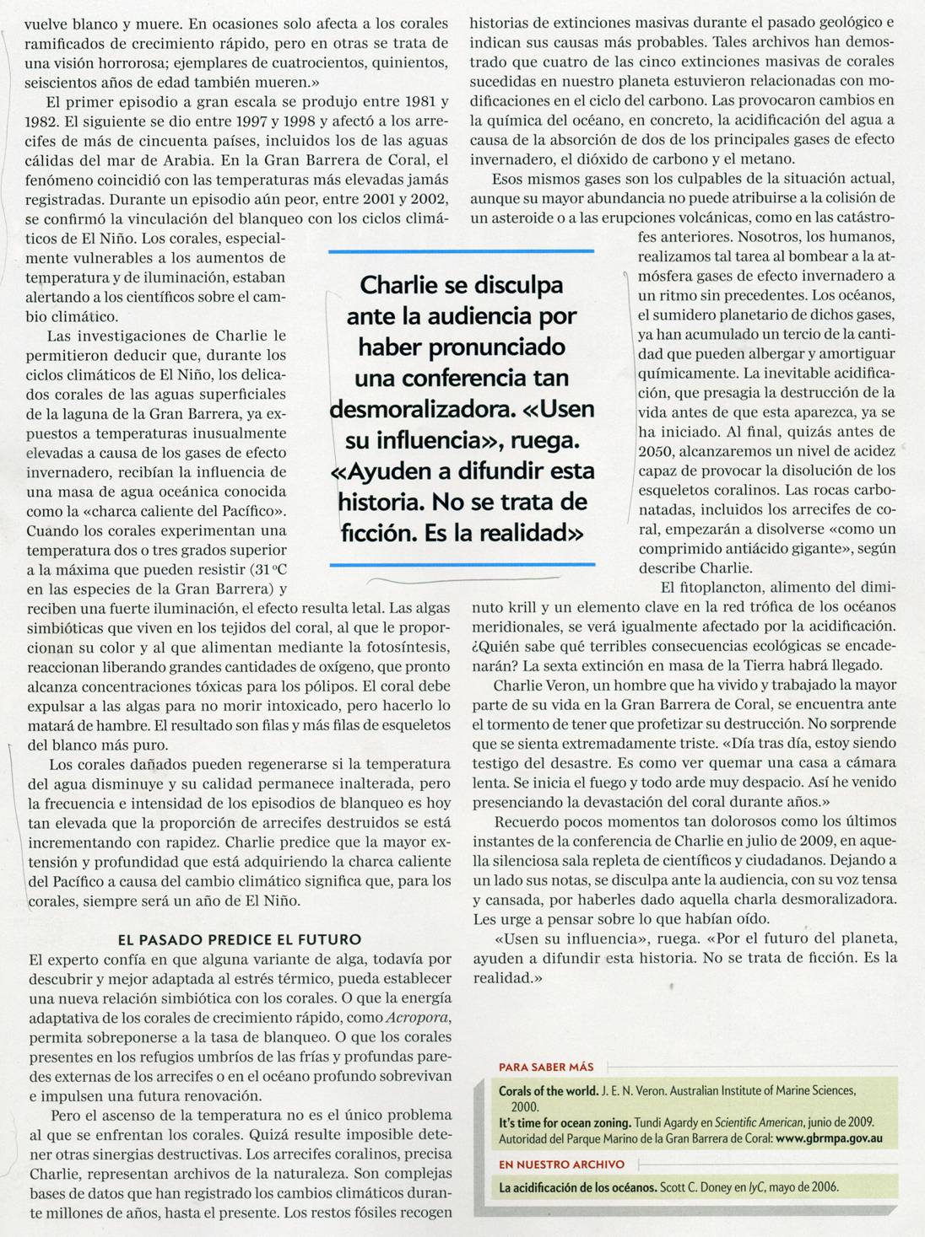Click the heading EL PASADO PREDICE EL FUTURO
tap(240, 939)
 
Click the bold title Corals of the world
tap(548, 1090)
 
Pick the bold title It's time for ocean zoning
tap(565, 1122)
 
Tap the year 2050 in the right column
tap(656, 451)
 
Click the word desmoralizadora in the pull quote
tap(422, 408)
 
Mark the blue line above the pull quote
tap(461, 251)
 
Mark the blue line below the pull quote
tap(461, 564)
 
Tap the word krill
tap(526, 607)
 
